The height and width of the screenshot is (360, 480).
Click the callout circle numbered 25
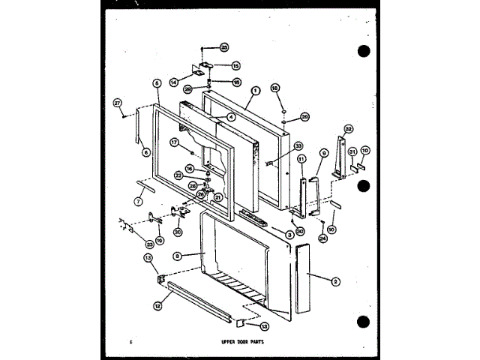(223, 47)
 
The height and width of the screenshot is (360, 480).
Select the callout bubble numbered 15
(235, 66)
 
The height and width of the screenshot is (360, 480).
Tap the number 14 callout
(173, 81)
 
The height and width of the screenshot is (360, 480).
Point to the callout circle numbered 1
(256, 91)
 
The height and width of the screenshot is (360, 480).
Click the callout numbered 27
(118, 103)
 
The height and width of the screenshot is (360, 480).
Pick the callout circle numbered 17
(173, 142)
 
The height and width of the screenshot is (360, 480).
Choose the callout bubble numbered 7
(137, 201)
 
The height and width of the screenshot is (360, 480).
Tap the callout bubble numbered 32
(347, 129)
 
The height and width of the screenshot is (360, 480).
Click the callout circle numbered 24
(323, 239)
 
